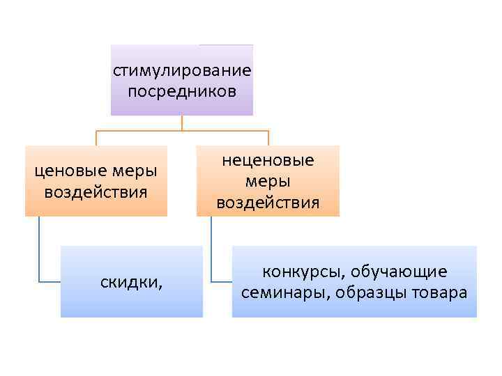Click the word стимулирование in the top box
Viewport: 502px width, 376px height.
[182, 71]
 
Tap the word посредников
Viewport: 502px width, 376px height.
[182, 91]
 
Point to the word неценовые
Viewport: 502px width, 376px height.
[268, 161]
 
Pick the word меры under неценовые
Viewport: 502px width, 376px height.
[268, 182]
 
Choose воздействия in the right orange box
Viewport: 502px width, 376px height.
[268, 203]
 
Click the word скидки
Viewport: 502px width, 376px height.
[129, 282]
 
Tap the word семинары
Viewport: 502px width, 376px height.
[285, 292]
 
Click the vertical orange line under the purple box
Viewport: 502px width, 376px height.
[182, 123]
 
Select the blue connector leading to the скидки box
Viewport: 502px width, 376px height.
[40, 251]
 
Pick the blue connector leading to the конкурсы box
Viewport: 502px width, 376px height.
[212, 251]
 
